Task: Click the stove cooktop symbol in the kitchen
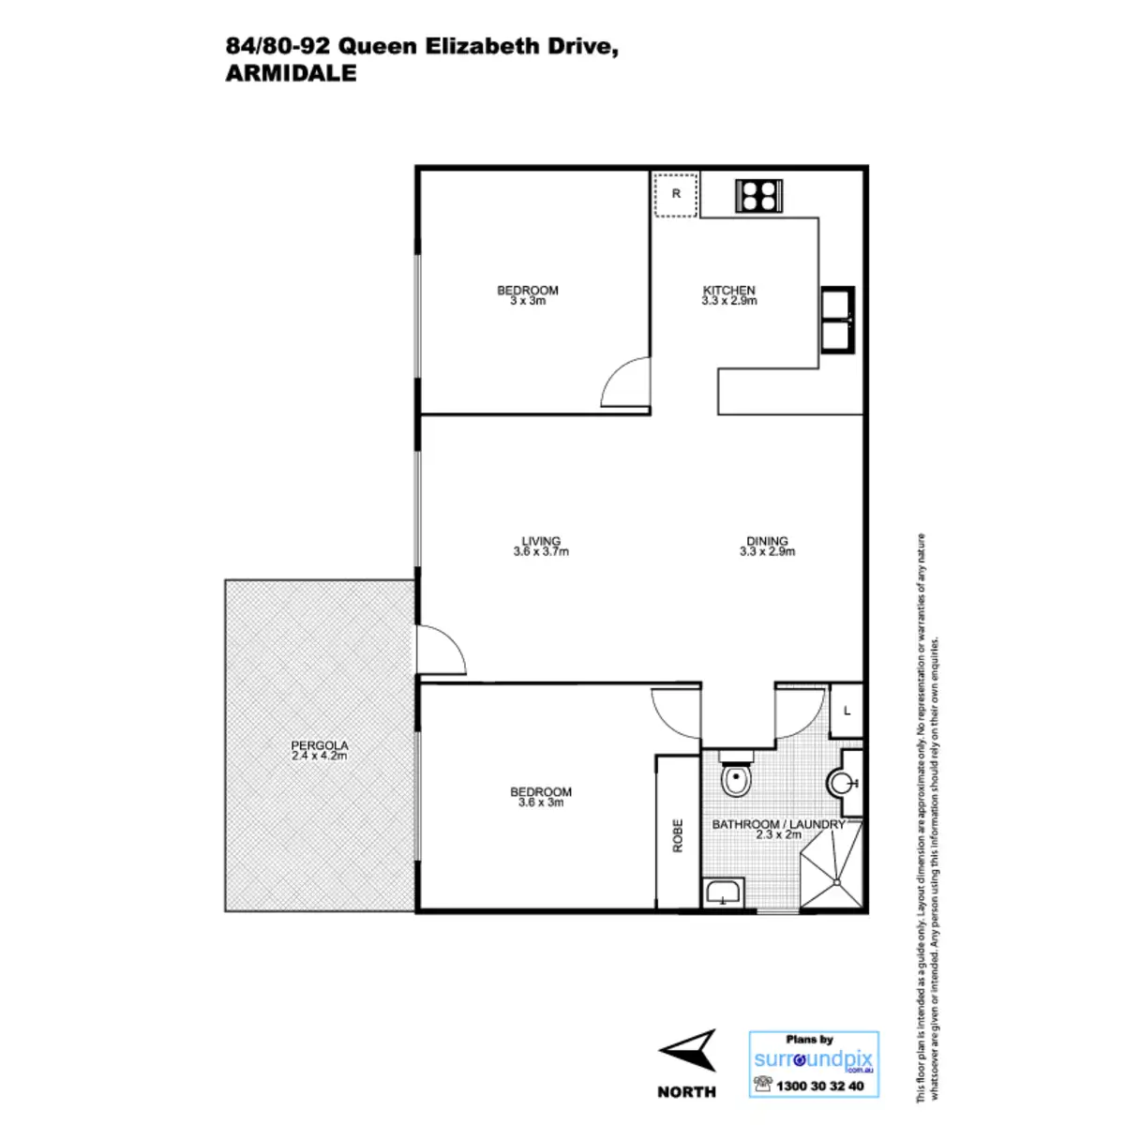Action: click(758, 195)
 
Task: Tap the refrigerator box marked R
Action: click(676, 195)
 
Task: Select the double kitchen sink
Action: click(837, 320)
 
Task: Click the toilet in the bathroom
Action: click(735, 776)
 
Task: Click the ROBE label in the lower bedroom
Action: click(678, 835)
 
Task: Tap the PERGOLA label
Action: click(320, 746)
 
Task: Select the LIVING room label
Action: click(541, 541)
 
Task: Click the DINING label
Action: click(767, 541)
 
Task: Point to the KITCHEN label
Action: click(729, 291)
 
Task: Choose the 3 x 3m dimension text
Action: click(528, 301)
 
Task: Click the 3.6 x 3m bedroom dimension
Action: click(541, 802)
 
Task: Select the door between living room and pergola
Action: click(441, 648)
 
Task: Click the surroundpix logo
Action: click(814, 1059)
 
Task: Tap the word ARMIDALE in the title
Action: click(291, 75)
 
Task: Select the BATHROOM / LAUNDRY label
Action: click(778, 824)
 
